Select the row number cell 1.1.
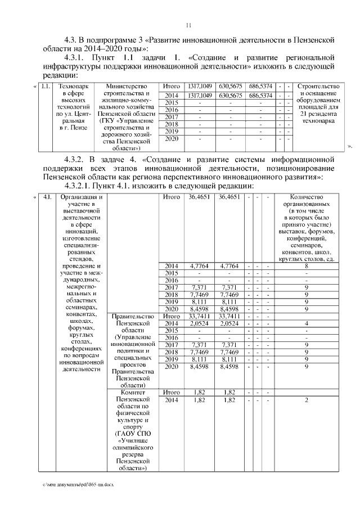click(x=46, y=86)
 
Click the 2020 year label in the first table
click(x=171, y=138)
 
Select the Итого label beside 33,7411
click(x=171, y=316)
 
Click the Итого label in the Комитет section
click(x=171, y=392)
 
